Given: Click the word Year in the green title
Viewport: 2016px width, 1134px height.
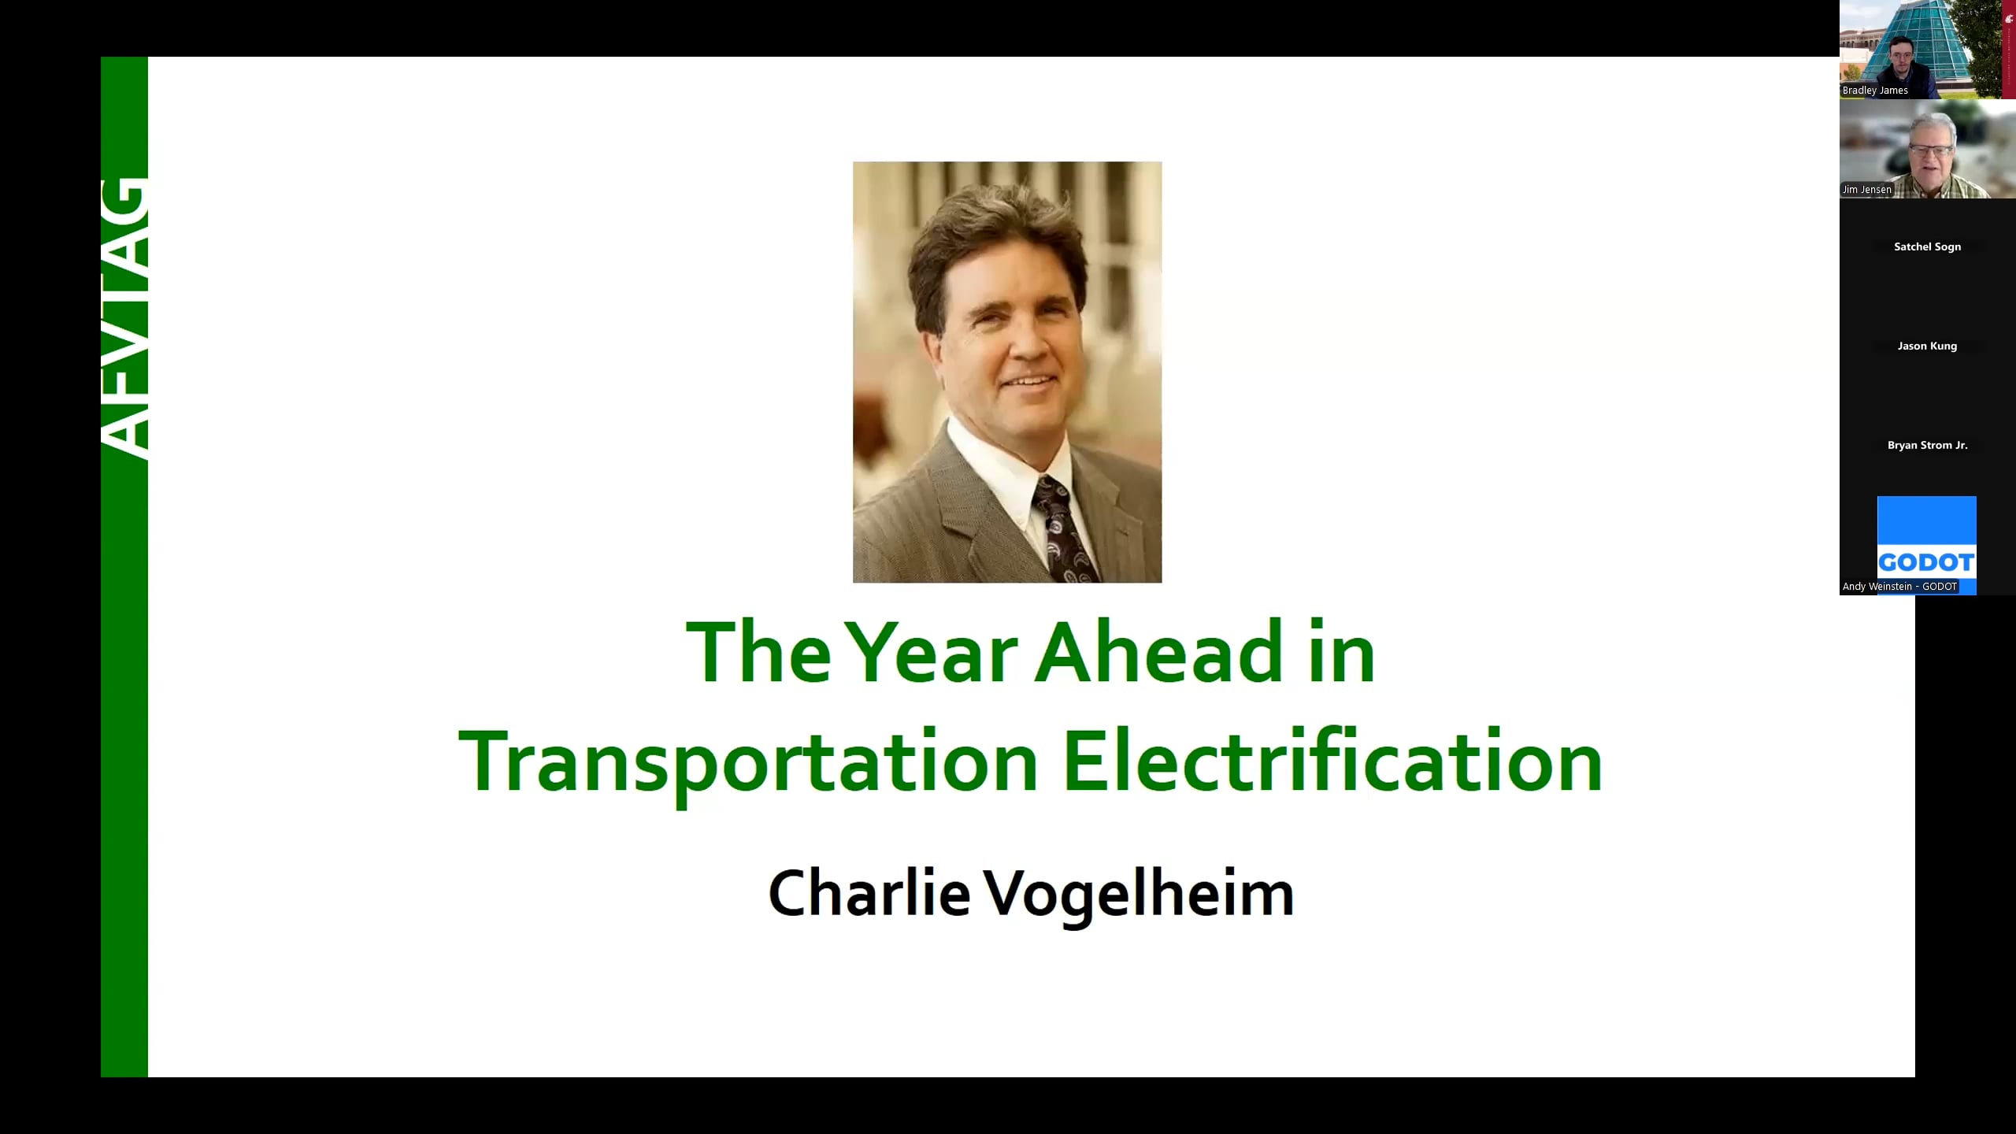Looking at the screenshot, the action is pyautogui.click(x=935, y=652).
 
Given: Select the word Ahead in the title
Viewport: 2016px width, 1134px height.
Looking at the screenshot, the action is pyautogui.click(x=1160, y=652).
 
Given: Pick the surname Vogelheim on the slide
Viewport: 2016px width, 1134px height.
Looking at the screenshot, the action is pyautogui.click(x=1140, y=895).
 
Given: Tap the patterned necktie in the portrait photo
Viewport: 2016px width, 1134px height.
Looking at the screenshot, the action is pyautogui.click(x=1063, y=531).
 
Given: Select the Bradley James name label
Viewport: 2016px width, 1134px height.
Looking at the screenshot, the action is pyautogui.click(x=1875, y=91).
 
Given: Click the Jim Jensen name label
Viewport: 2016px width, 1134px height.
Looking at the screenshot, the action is pyautogui.click(x=1866, y=190).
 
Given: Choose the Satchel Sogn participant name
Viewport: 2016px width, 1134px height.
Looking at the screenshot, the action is pyautogui.click(x=1927, y=246).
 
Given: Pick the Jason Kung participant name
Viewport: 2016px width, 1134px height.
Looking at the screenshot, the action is pyautogui.click(x=1927, y=346).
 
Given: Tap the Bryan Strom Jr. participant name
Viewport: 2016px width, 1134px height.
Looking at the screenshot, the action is pyautogui.click(x=1927, y=445).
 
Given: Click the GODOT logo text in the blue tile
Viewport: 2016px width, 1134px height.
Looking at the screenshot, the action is pyautogui.click(x=1926, y=562).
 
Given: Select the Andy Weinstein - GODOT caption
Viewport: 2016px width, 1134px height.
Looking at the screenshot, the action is pyautogui.click(x=1899, y=587).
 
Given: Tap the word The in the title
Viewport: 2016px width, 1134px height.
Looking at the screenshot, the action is pyautogui.click(x=758, y=652).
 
